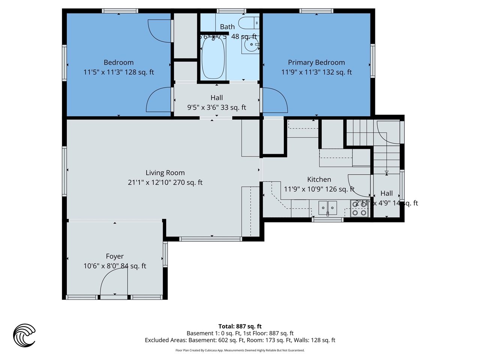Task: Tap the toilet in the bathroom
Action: coord(249,23)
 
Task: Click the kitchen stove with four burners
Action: coord(359,209)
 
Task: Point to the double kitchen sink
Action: coord(328,208)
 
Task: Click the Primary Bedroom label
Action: coord(316,63)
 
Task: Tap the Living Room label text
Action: coord(165,173)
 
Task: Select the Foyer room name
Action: coord(115,256)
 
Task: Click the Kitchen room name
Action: coord(319,180)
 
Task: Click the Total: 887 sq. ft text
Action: coord(240,327)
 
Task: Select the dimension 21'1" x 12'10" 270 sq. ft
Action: coord(165,183)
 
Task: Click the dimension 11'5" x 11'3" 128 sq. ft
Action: coord(118,72)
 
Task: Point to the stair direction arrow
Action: coord(387,172)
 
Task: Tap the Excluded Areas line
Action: coord(240,340)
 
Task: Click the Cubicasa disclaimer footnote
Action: coord(240,351)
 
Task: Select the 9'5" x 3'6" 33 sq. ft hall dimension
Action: coord(217,108)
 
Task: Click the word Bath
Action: coord(227,27)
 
